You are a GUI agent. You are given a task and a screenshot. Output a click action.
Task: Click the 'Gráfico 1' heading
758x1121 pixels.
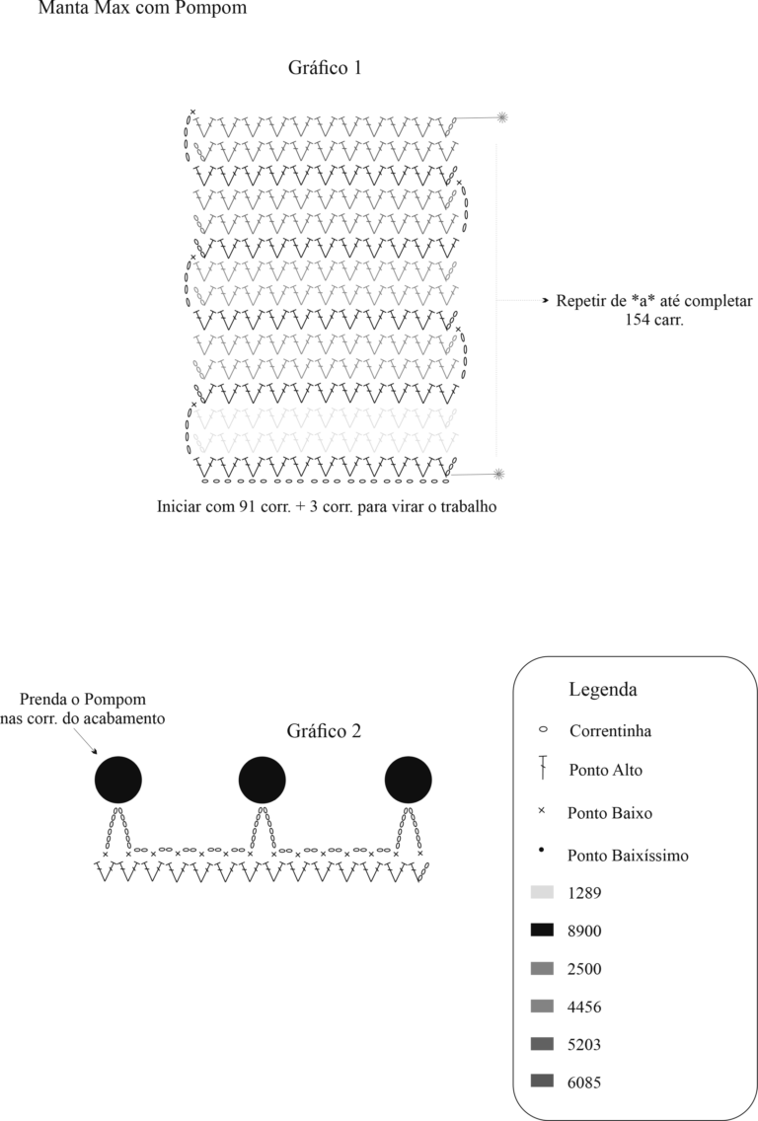[x=325, y=69]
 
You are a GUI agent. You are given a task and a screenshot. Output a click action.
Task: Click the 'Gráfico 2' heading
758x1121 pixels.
[x=324, y=731]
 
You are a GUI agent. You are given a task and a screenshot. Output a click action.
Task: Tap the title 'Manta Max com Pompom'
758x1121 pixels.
[x=142, y=9]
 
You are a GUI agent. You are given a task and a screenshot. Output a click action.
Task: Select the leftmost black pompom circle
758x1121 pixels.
[x=118, y=780]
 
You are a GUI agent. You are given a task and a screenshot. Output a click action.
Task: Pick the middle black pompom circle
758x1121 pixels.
[x=263, y=780]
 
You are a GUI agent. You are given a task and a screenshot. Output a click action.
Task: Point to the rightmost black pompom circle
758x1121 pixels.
[x=409, y=780]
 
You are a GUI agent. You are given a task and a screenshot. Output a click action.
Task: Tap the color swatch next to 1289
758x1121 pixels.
[x=542, y=892]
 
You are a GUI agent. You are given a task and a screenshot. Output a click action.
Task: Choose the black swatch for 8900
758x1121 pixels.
[x=542, y=931]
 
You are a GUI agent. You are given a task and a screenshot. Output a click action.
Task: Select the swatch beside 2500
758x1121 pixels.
[x=542, y=969]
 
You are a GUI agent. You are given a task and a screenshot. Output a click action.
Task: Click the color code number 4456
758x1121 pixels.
[x=584, y=1007]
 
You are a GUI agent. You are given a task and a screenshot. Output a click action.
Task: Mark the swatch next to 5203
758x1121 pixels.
[x=542, y=1044]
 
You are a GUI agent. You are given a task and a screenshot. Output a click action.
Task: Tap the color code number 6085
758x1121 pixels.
[x=584, y=1083]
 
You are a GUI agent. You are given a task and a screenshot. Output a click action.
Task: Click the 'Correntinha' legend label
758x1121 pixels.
[x=611, y=730]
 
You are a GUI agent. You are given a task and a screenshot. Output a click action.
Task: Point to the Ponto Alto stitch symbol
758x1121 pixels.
[x=543, y=767]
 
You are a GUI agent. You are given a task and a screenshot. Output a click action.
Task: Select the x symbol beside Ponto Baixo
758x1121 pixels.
[x=541, y=811]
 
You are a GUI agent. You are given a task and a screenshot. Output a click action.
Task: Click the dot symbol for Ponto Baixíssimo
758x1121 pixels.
[x=541, y=850]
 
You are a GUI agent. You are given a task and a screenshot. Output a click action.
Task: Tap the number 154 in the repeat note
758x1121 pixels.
[x=638, y=320]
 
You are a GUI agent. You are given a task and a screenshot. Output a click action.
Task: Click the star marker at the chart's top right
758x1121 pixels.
[x=502, y=116]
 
